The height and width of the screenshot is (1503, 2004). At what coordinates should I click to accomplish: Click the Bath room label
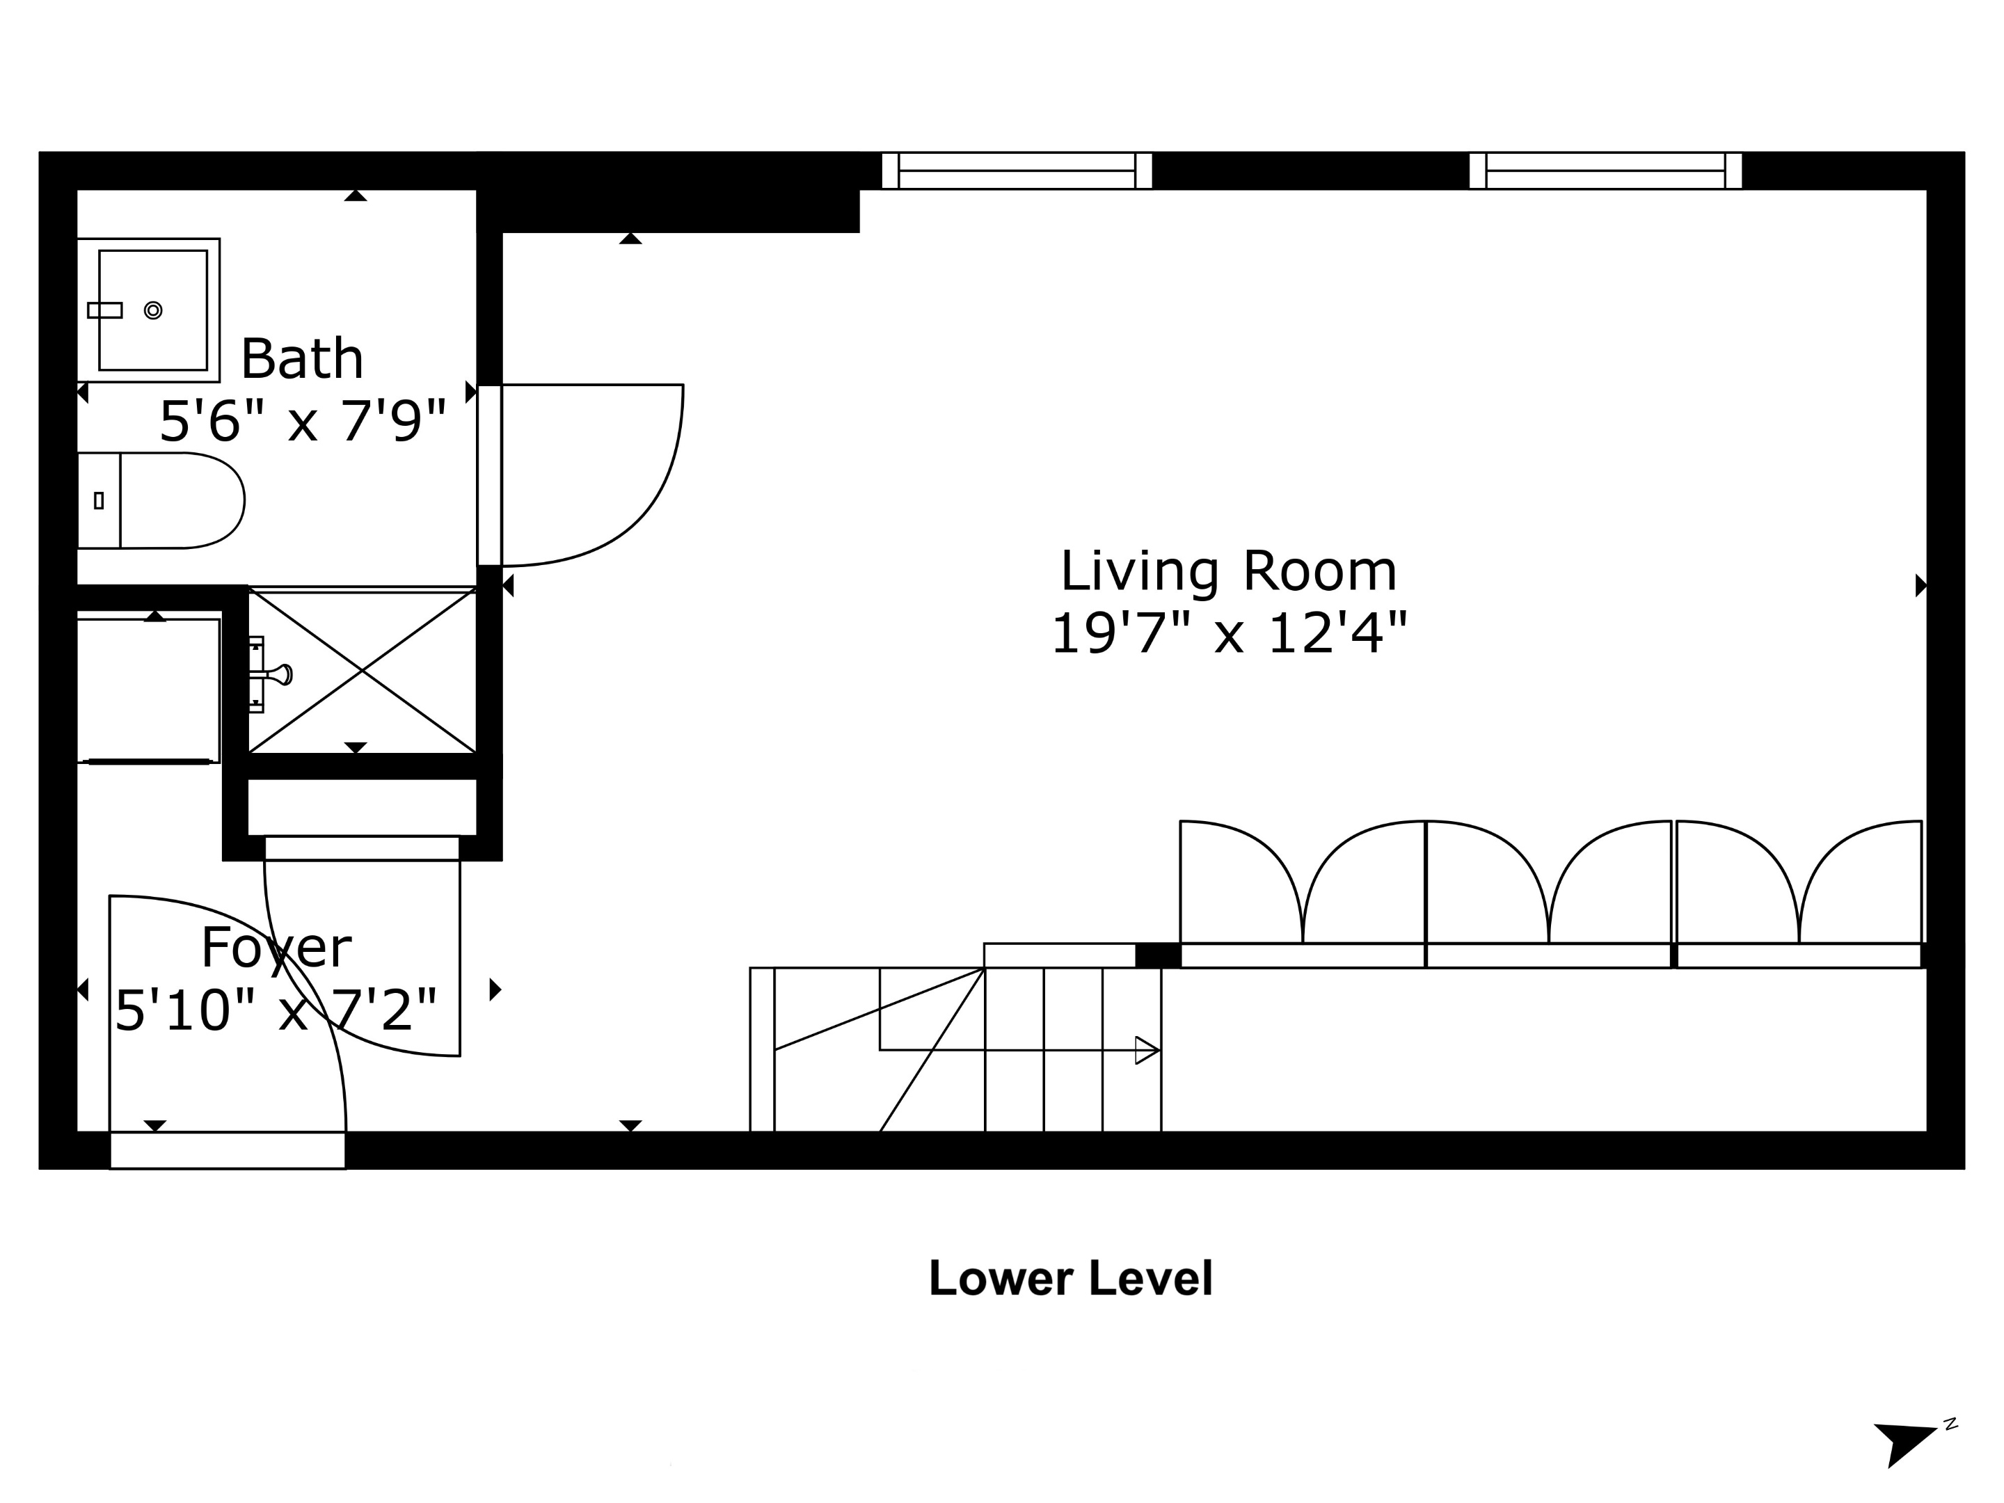pyautogui.click(x=302, y=359)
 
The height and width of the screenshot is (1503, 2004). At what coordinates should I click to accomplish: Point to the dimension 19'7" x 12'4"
pyautogui.click(x=1227, y=633)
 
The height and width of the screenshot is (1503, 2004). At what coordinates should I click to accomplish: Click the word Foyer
pyautogui.click(x=276, y=948)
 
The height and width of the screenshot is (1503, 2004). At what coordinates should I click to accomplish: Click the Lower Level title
pyautogui.click(x=1070, y=1278)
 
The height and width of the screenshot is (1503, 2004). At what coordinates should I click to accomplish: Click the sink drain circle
pyautogui.click(x=153, y=310)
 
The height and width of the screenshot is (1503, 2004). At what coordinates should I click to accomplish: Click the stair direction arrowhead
pyautogui.click(x=1146, y=1050)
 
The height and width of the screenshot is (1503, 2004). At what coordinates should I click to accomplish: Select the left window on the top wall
pyautogui.click(x=1017, y=170)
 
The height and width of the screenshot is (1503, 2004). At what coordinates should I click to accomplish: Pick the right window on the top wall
pyautogui.click(x=1605, y=170)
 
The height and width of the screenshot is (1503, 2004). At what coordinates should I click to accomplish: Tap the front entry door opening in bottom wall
pyautogui.click(x=228, y=1151)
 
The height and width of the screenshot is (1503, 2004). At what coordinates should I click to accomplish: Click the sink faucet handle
pyautogui.click(x=104, y=310)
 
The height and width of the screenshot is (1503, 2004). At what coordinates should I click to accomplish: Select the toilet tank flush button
pyautogui.click(x=99, y=500)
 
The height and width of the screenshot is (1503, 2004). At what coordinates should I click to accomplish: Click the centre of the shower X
pyautogui.click(x=363, y=670)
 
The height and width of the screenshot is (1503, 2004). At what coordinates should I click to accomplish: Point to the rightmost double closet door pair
pyautogui.click(x=1798, y=883)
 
